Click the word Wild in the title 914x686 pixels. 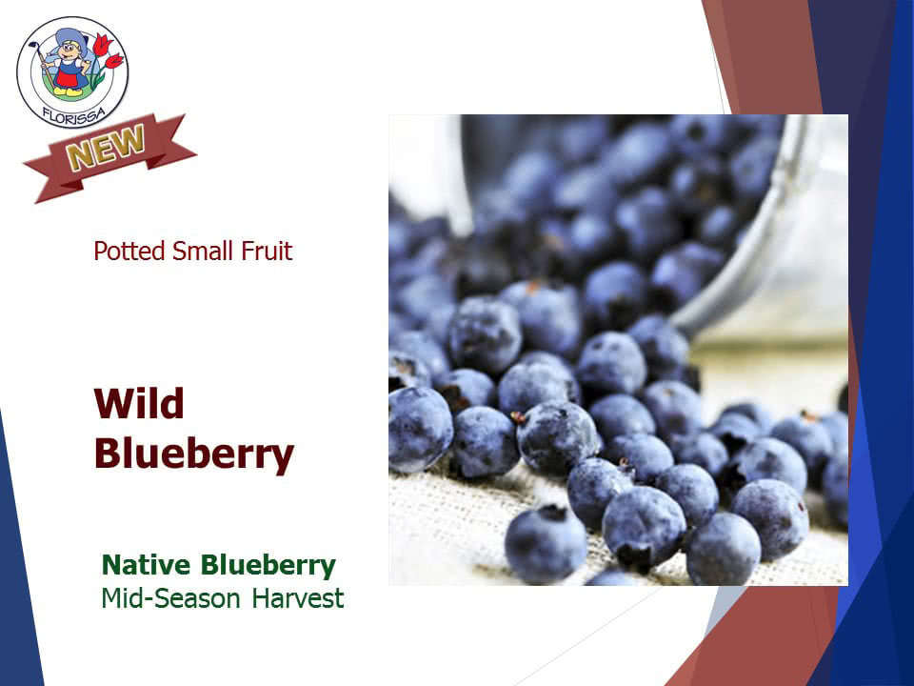139,403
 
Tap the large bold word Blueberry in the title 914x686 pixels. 194,455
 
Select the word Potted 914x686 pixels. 129,252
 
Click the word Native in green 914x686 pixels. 147,565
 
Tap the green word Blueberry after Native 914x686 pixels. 268,566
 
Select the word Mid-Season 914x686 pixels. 170,598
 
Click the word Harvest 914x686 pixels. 298,598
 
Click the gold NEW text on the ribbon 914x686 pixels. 106,148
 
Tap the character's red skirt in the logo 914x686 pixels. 70,77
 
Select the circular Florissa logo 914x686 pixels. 72,71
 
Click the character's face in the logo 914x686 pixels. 70,50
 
